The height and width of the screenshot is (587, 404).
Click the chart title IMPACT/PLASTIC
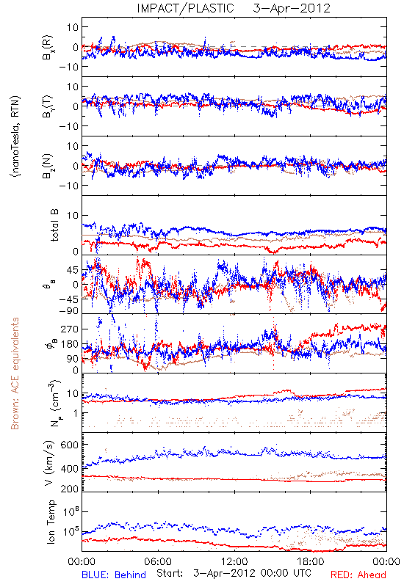click(185, 8)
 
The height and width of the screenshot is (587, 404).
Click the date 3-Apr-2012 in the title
click(292, 8)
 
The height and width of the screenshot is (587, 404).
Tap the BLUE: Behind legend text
click(114, 575)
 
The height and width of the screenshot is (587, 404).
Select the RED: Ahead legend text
click(358, 575)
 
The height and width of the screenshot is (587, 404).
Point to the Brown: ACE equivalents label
click(15, 373)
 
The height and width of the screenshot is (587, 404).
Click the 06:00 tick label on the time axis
click(158, 561)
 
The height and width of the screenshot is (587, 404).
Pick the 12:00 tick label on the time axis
click(234, 561)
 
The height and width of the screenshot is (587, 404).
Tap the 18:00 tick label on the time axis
click(310, 561)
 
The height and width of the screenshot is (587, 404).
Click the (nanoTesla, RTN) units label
click(15, 136)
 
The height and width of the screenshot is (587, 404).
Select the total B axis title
click(54, 225)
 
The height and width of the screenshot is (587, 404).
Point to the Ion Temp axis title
click(51, 522)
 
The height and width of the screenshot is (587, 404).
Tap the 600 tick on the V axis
click(70, 445)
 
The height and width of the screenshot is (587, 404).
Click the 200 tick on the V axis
click(70, 488)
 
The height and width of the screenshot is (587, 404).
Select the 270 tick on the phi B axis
click(70, 329)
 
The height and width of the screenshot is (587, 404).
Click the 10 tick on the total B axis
click(73, 215)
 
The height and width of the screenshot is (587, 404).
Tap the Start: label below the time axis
click(170, 574)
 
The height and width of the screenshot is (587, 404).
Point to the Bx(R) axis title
click(48, 47)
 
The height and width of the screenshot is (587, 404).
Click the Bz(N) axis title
click(48, 167)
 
